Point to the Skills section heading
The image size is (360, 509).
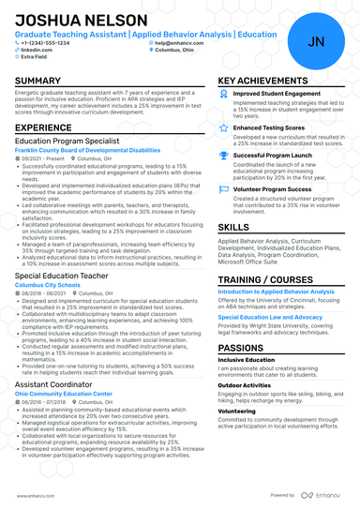(233, 227)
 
